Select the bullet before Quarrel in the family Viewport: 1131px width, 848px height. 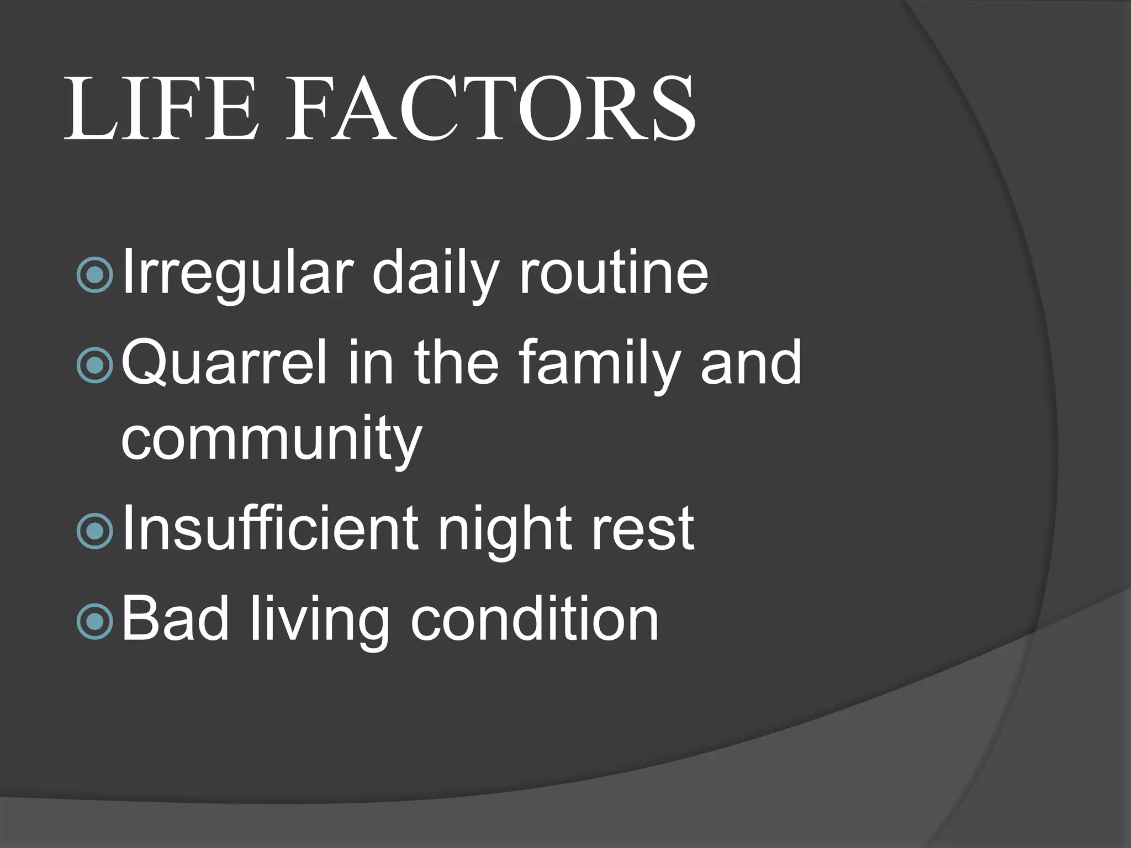[x=96, y=364]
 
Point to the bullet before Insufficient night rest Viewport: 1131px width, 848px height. [x=96, y=531]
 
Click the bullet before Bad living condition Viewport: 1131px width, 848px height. [x=96, y=621]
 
